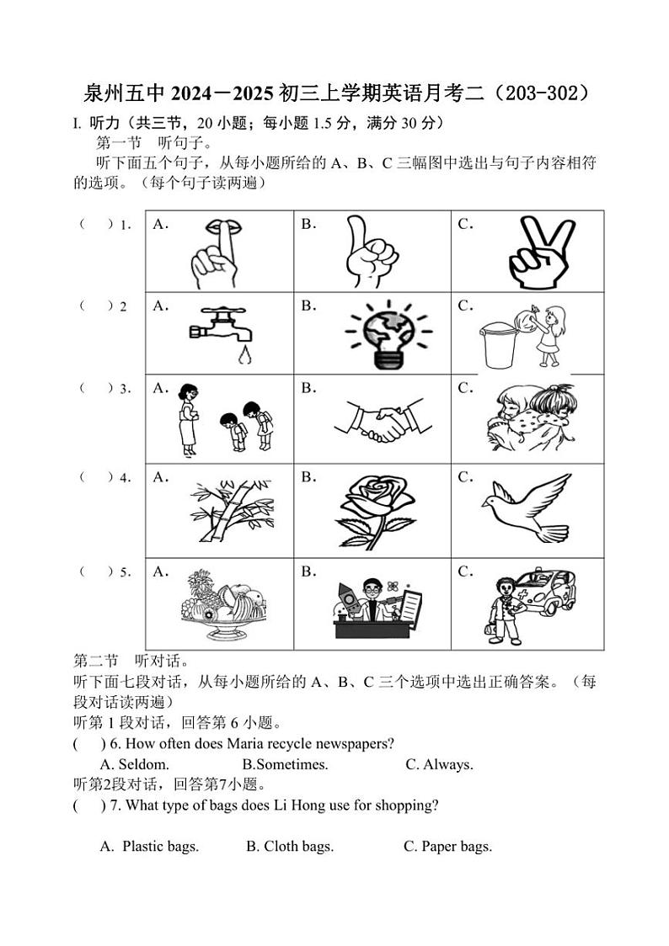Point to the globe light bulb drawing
[388, 333]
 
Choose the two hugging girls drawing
[530, 417]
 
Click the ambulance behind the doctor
[546, 593]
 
